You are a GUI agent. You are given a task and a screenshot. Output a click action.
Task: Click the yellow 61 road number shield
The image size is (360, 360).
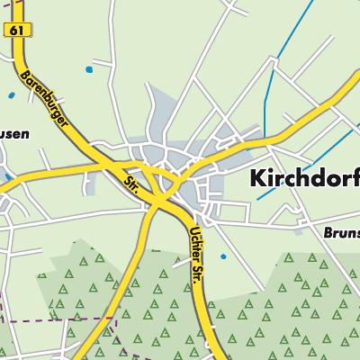pyautogui.click(x=17, y=30)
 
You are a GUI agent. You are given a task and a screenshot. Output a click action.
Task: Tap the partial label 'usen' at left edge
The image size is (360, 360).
pyautogui.click(x=13, y=134)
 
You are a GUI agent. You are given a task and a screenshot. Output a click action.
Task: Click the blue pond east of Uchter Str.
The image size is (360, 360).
pyautogui.click(x=223, y=256)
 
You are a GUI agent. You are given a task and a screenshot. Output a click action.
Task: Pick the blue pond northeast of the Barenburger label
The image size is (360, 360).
pyautogui.click(x=88, y=69)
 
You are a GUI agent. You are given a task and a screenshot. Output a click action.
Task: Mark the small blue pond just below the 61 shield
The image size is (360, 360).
pyautogui.click(x=12, y=94)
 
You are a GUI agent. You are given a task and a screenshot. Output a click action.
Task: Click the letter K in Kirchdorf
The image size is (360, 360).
pyautogui.click(x=256, y=178)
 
